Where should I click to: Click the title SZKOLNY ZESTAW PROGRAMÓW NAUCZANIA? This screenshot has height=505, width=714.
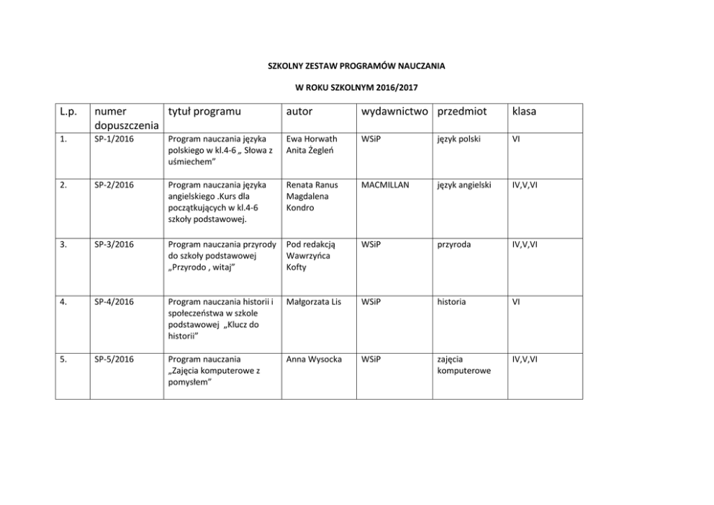pos(356,66)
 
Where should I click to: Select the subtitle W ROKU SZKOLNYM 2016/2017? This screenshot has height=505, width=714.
pos(356,88)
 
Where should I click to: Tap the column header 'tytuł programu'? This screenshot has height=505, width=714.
pos(204,112)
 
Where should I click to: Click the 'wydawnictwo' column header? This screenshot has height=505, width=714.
pos(394,112)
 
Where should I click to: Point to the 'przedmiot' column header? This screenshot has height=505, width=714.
pos(462,112)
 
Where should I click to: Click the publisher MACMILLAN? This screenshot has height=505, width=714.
pos(385,185)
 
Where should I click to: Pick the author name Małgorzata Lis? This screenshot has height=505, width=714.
pos(313,302)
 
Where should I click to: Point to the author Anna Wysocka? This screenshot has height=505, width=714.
pos(314,358)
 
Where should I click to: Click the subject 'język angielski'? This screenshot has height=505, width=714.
pos(464,185)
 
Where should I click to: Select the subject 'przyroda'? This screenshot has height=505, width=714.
pos(454,244)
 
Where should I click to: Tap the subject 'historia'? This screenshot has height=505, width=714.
pos(451,302)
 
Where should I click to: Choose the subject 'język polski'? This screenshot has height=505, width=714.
pos(458,139)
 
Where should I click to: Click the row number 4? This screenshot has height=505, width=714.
pos(64,302)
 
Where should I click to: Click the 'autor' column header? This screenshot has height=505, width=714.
pos(299,112)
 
